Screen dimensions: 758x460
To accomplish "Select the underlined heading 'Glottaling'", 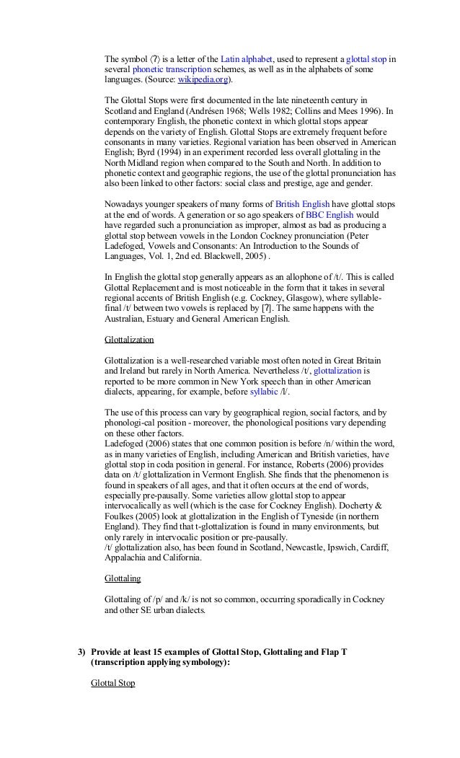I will (x=123, y=578).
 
